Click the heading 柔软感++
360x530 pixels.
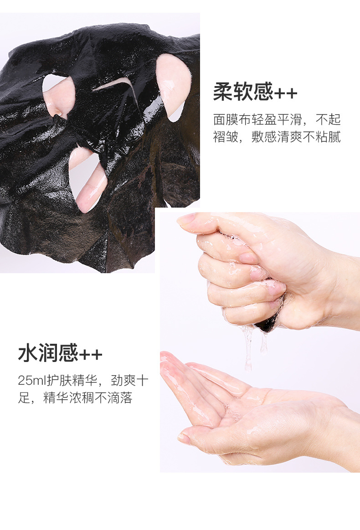click(x=255, y=92)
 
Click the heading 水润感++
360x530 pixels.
click(x=60, y=353)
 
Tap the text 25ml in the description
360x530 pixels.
click(x=32, y=380)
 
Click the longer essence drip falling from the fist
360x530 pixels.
click(x=248, y=348)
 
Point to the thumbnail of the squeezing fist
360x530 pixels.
click(x=185, y=220)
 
